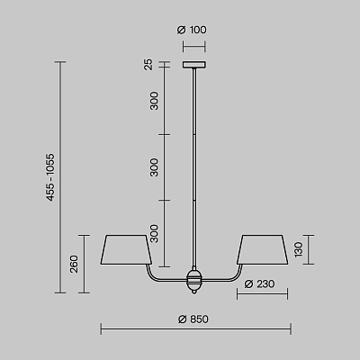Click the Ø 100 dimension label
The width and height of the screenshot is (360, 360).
(x=192, y=30)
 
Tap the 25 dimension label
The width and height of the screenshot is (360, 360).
(x=148, y=65)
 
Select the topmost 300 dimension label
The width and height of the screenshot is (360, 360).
(x=154, y=101)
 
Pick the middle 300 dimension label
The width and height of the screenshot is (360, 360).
(x=154, y=167)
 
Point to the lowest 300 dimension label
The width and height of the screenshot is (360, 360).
(x=154, y=233)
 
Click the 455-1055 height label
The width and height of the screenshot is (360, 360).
(x=50, y=177)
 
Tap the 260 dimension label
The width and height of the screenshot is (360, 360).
(x=74, y=264)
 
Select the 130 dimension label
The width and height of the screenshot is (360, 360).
(x=299, y=249)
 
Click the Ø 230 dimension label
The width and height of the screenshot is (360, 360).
(x=259, y=283)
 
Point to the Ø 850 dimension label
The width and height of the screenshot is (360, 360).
(x=193, y=319)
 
